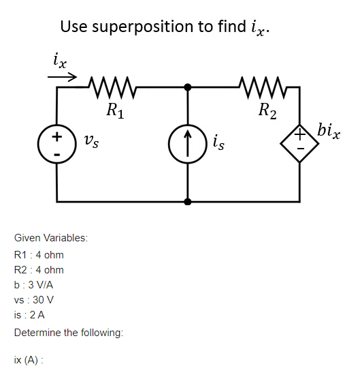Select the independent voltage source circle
pos(57,145)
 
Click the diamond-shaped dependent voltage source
pos(299,145)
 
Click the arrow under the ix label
pos(62,77)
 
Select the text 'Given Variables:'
pos(50,238)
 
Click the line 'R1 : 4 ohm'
pos(39,254)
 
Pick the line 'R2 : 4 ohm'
pos(39,270)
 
